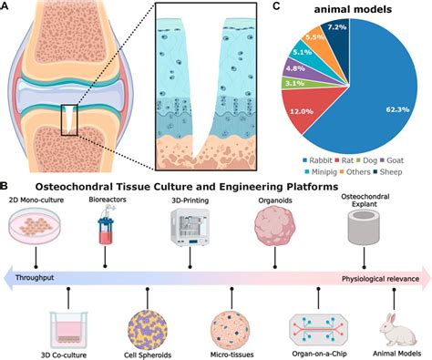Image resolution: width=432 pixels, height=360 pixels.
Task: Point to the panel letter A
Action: (8, 7)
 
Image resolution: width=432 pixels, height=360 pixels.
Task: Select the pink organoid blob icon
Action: (277, 220)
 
